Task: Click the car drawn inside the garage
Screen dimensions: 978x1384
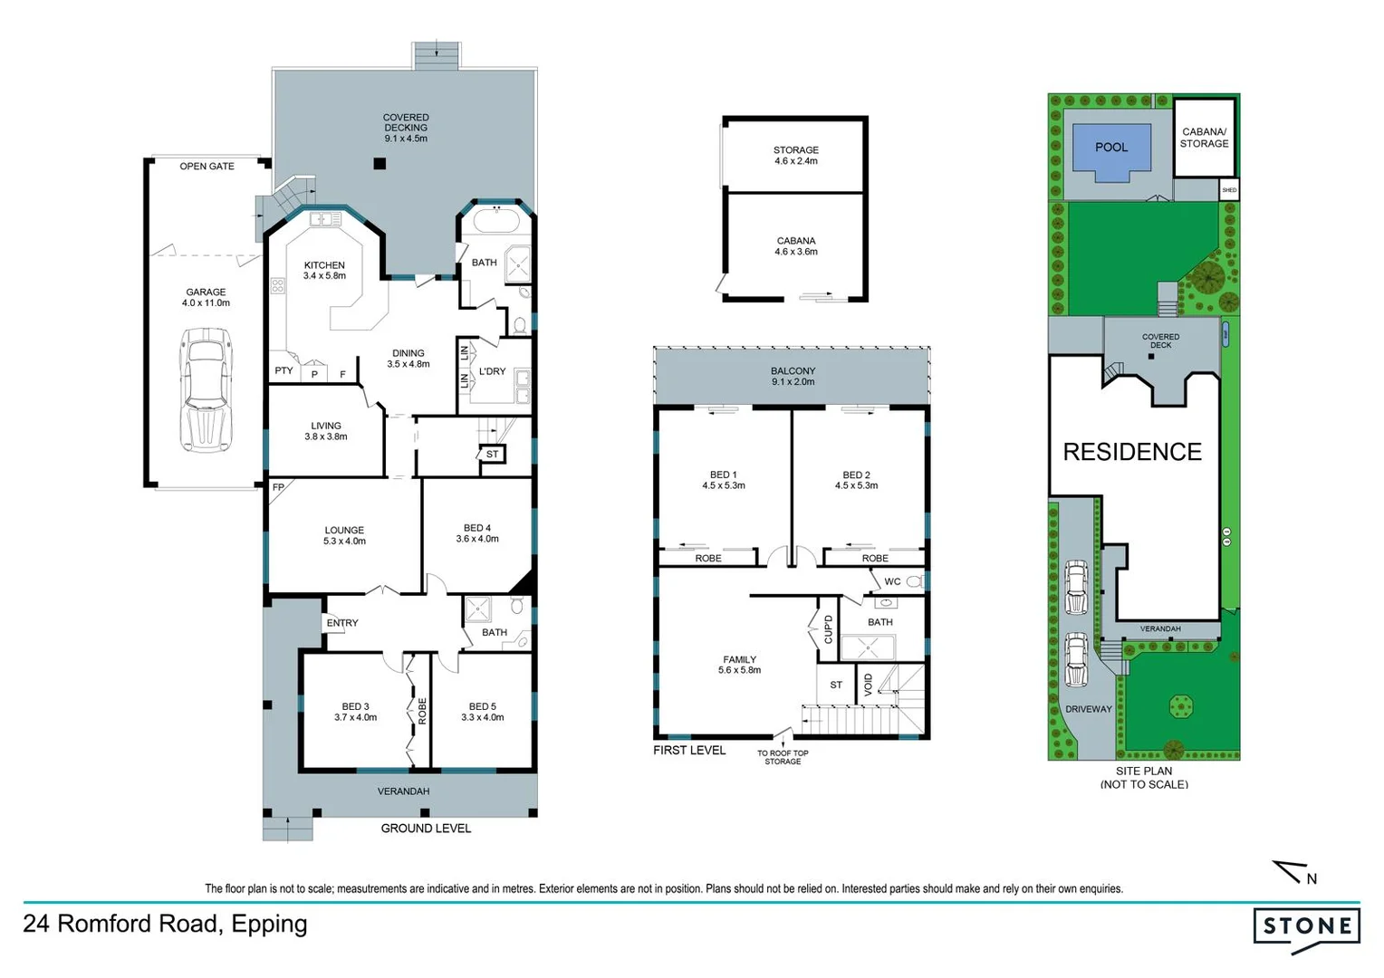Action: click(x=207, y=389)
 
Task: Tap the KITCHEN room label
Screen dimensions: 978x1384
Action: click(x=324, y=265)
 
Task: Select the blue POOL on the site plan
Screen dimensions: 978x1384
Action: click(x=1111, y=148)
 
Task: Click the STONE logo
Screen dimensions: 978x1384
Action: click(x=1306, y=926)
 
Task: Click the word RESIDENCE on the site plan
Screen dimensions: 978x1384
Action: click(x=1131, y=452)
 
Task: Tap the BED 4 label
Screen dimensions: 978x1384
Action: click(x=477, y=528)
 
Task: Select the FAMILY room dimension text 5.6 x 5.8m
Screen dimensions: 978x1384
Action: click(x=739, y=671)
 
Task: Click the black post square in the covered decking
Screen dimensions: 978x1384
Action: click(x=380, y=164)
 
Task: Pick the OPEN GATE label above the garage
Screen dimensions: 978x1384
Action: click(x=207, y=167)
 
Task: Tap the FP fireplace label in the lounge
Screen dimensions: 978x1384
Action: click(x=278, y=487)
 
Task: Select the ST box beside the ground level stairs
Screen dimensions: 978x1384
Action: click(x=492, y=455)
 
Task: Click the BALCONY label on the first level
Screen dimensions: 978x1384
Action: click(x=793, y=371)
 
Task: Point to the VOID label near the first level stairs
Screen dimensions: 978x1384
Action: click(x=868, y=684)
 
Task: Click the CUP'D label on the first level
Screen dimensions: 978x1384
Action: click(x=828, y=629)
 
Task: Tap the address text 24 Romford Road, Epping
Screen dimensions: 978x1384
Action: click(x=165, y=924)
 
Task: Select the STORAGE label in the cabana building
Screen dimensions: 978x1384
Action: click(x=795, y=150)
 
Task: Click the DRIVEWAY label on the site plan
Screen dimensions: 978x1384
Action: click(x=1088, y=709)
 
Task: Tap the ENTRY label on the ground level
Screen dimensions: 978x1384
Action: click(x=342, y=623)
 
